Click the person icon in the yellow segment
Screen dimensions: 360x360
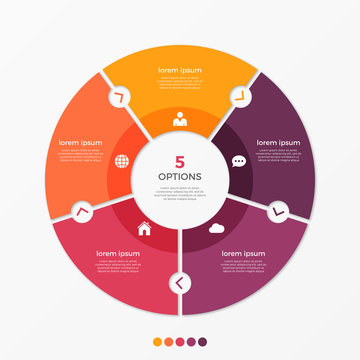coord(180,120)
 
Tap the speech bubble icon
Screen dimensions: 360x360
coord(238,161)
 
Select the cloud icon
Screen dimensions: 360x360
coord(216,228)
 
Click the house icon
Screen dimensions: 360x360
coord(143,228)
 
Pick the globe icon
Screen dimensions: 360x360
coord(122,161)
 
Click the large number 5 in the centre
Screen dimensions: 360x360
coord(180,161)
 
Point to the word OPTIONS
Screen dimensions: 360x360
coord(180,177)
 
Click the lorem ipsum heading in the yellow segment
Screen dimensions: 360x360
coord(180,72)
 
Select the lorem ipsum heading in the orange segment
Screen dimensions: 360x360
coord(82,143)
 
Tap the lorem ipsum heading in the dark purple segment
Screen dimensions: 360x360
coord(277,143)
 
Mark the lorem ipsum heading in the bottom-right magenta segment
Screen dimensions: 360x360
coord(238,254)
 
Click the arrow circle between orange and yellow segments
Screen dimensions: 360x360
coord(119,96)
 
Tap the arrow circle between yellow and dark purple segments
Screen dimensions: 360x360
coord(240,96)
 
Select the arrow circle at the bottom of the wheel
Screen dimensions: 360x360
coord(180,284)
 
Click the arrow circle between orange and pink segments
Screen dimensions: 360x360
coord(82,211)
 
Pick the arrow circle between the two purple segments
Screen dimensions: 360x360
coord(277,211)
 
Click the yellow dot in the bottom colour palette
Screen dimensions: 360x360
coord(155,340)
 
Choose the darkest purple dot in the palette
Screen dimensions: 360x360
coord(204,340)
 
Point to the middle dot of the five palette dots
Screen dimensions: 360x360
coord(180,340)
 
